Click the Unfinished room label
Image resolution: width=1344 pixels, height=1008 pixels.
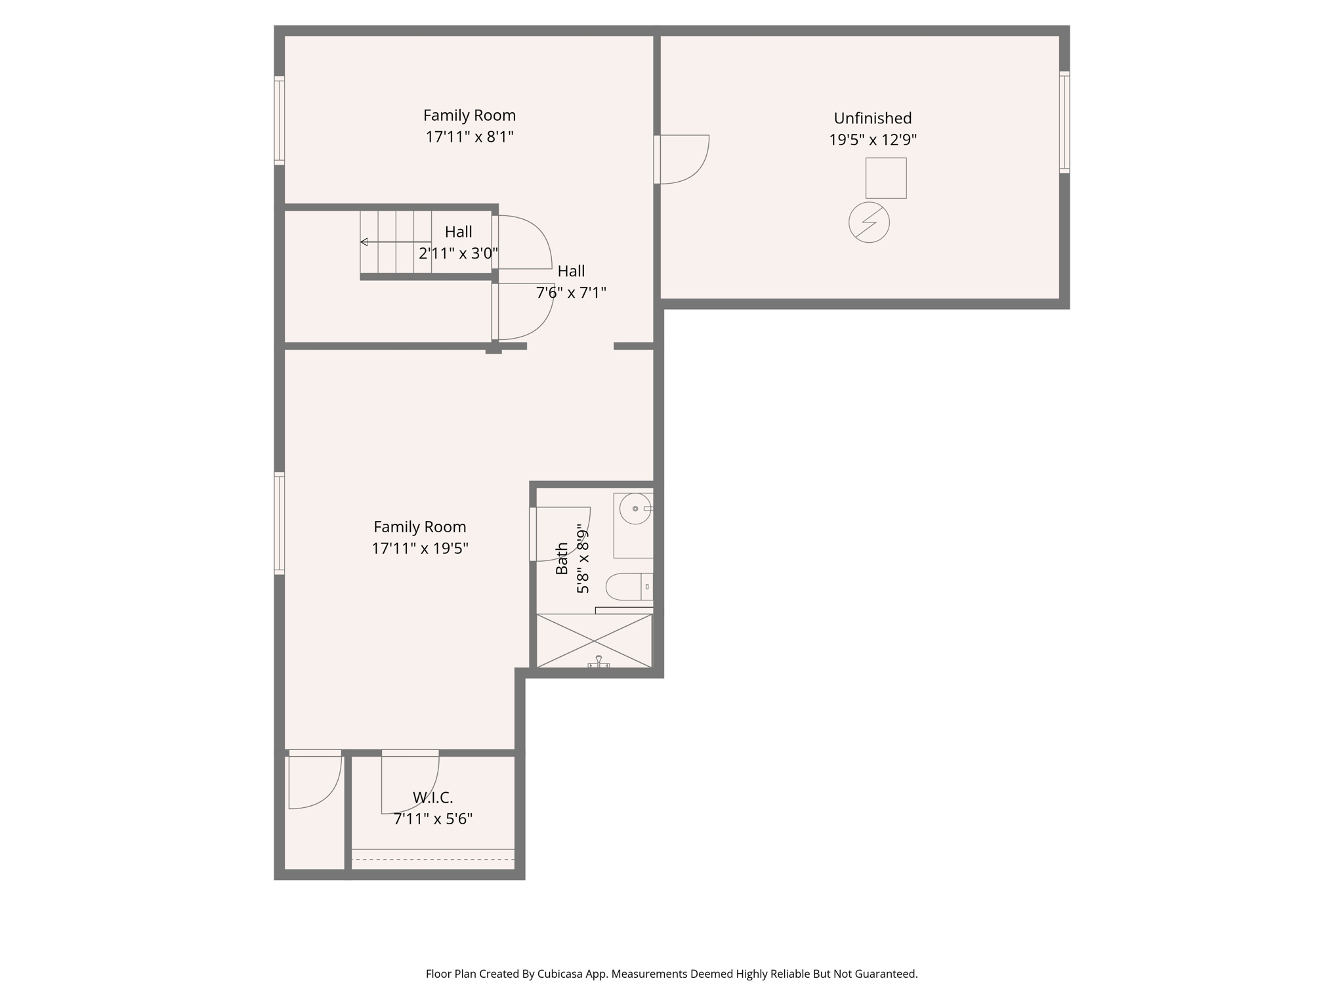[872, 118]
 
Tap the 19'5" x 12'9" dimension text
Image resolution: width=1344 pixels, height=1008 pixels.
[872, 140]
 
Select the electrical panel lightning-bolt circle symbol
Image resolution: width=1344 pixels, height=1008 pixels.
[869, 222]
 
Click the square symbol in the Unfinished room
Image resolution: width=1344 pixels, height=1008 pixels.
[885, 178]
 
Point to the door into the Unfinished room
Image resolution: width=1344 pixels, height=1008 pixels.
[682, 159]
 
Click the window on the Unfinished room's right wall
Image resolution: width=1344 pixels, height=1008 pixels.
[1064, 122]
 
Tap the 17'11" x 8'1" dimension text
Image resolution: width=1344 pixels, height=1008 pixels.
[469, 137]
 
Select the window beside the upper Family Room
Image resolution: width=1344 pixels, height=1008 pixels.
[280, 120]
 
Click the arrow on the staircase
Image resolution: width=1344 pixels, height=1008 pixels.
[365, 242]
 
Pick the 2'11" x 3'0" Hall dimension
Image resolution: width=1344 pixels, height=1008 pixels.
[458, 253]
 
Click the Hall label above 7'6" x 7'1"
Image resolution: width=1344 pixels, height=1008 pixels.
[571, 271]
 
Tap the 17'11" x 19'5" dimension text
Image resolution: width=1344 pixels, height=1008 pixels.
[419, 548]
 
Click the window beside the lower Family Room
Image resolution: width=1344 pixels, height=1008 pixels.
[280, 523]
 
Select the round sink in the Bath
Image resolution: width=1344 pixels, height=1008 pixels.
[635, 509]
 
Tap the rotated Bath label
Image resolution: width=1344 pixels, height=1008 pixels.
[562, 558]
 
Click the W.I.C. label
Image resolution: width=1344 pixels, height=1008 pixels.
[432, 797]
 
